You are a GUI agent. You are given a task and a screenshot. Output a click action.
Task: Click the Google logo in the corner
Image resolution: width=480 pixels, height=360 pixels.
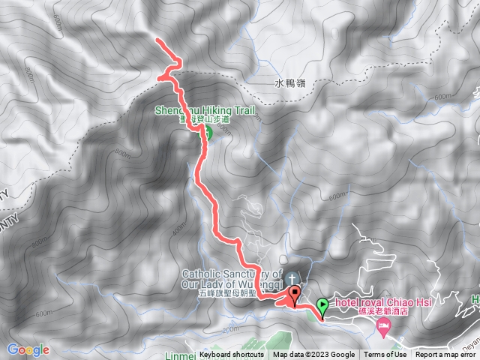28,349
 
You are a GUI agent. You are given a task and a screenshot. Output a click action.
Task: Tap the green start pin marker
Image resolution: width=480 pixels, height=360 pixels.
322,305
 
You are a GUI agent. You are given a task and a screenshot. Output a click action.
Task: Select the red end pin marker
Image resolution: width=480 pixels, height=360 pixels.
295,295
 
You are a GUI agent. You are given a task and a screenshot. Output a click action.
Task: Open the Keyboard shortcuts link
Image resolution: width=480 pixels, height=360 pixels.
232,355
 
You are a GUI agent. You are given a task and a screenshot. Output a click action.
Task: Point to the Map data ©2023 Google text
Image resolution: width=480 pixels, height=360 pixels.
313,355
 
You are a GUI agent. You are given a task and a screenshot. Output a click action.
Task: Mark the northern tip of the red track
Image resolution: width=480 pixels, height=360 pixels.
157,39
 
